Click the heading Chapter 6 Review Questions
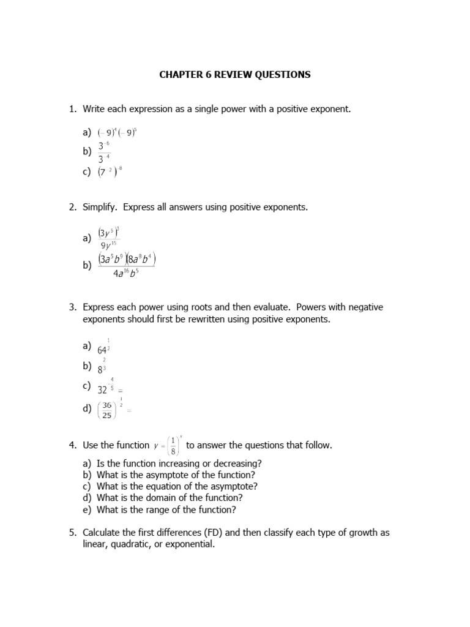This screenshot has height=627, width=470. [x=235, y=75]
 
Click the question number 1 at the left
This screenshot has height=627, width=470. [x=72, y=109]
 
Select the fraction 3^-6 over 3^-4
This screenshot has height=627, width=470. [x=103, y=152]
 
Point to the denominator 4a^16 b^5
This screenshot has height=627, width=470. [x=125, y=272]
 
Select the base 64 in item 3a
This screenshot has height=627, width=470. [x=102, y=350]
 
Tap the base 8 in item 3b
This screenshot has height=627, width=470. [x=100, y=369]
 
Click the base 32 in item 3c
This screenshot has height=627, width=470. [x=102, y=389]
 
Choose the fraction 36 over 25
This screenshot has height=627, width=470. [x=106, y=410]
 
